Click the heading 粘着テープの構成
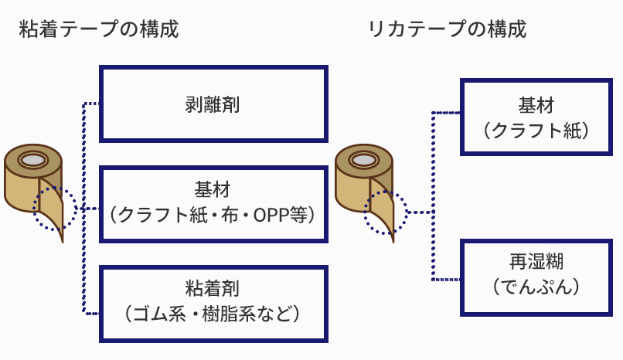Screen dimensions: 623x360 click(x=99, y=29)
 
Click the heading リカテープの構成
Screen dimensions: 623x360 click(x=448, y=29)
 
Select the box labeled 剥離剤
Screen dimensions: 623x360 click(x=213, y=104)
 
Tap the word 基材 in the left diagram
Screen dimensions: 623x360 click(x=213, y=189)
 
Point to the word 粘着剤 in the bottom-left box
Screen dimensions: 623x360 click(x=213, y=289)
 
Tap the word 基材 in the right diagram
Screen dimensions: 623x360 click(x=536, y=105)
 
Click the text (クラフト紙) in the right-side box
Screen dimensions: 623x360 click(x=536, y=131)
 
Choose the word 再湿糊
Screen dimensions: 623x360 click(x=536, y=262)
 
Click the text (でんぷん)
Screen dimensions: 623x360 click(x=536, y=287)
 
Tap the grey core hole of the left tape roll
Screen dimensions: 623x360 click(x=33, y=160)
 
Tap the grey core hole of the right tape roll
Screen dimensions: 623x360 click(x=364, y=161)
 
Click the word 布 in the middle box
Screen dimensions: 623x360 click(x=230, y=216)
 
